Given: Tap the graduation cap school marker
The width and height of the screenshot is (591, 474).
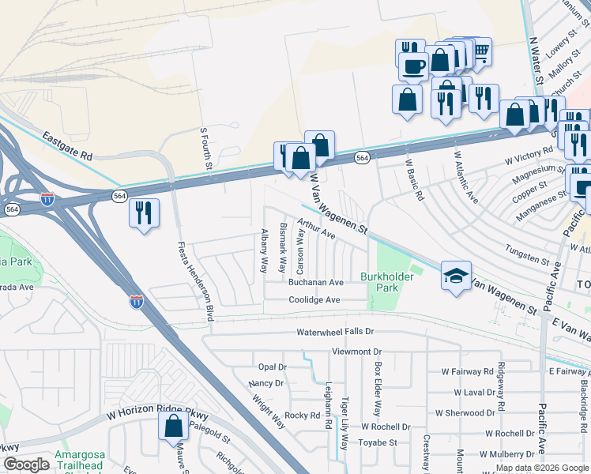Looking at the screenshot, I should click(456, 276).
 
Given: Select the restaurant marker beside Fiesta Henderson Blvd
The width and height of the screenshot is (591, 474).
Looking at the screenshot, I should click(144, 213).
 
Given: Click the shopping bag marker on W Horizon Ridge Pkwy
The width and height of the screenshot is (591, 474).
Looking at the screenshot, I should click(173, 427).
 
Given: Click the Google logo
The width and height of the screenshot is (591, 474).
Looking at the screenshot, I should click(26, 465).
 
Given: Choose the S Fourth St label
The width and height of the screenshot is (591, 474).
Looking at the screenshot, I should click(205, 147).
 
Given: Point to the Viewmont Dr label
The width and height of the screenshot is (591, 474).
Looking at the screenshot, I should click(356, 351).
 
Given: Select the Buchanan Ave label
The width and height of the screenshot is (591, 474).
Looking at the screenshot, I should click(315, 282).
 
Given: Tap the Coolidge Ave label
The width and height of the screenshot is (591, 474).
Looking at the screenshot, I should click(314, 300).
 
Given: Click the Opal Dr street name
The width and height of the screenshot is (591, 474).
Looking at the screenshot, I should click(272, 367).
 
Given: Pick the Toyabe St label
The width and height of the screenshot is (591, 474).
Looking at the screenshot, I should click(378, 443).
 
